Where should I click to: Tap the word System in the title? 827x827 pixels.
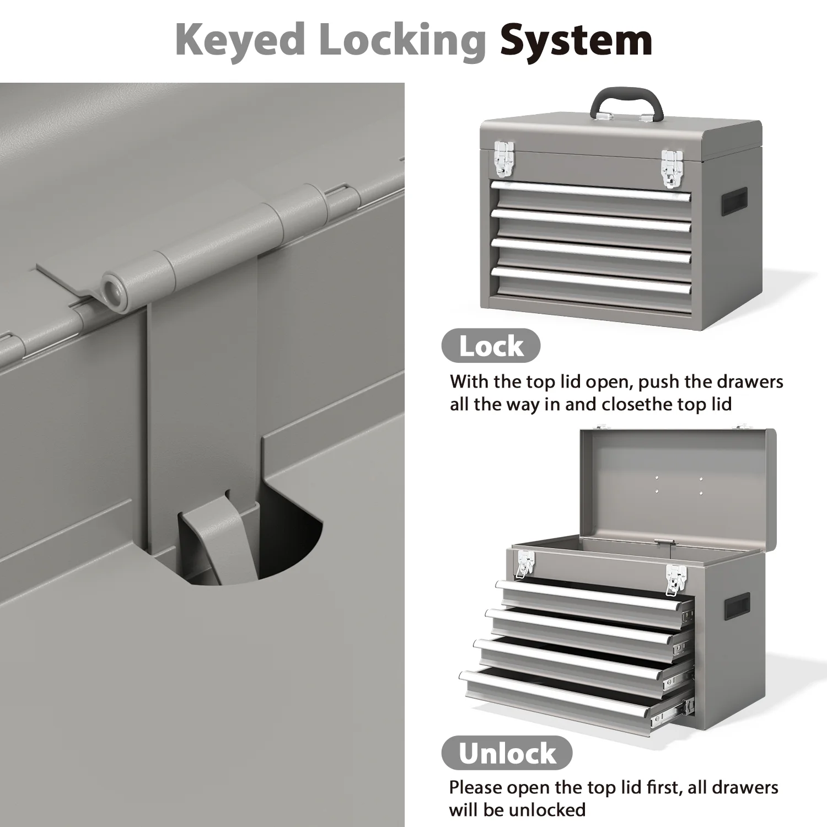(x=576, y=41)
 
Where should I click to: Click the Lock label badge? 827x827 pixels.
(x=491, y=346)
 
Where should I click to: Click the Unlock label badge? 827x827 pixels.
(x=507, y=753)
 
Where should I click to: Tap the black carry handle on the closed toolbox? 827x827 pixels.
(x=626, y=103)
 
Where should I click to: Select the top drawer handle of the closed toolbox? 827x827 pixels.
(x=590, y=191)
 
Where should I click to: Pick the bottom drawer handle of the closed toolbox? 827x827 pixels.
(x=590, y=280)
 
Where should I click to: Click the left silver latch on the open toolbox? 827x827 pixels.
(x=524, y=564)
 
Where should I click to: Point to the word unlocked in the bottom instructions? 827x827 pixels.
(x=546, y=810)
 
